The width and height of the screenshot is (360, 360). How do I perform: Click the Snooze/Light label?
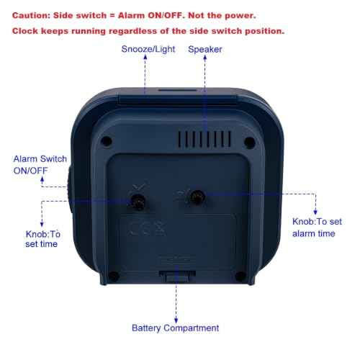pos(148,49)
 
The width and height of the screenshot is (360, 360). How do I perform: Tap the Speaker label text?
pos(205,50)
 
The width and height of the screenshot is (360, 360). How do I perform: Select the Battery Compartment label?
pos(175,328)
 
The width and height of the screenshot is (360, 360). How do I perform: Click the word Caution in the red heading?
pos(32,16)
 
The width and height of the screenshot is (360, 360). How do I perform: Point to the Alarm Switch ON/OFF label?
pos(40,165)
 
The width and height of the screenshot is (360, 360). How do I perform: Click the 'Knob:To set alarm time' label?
pos(317,228)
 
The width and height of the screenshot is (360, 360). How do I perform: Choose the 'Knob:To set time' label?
pos(42,239)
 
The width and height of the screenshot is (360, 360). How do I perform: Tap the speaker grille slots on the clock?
pos(204,139)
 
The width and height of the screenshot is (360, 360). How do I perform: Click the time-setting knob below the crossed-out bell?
pos(138,202)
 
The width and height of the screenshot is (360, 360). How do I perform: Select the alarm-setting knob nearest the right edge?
pos(197,197)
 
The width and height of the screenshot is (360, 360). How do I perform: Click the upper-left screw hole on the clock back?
pos(107,141)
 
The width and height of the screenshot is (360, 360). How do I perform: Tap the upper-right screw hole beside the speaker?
pos(250,142)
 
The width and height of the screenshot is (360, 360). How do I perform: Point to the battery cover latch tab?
pos(177,276)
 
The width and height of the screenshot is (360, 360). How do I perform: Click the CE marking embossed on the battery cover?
pos(147,228)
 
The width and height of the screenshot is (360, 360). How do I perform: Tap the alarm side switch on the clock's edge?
pos(70,189)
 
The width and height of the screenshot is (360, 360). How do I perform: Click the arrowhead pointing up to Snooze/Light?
pos(145,57)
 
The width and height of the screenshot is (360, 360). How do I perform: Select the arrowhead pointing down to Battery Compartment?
pos(176,320)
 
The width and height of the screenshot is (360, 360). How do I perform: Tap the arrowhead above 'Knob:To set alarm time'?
pos(315,212)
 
